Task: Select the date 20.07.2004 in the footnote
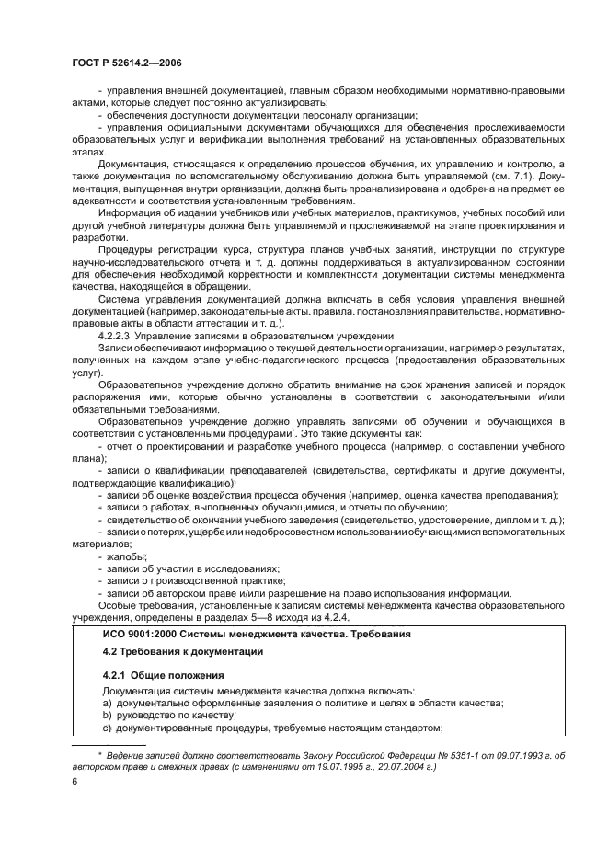tap(407, 765)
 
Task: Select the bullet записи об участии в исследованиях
tap(193, 568)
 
